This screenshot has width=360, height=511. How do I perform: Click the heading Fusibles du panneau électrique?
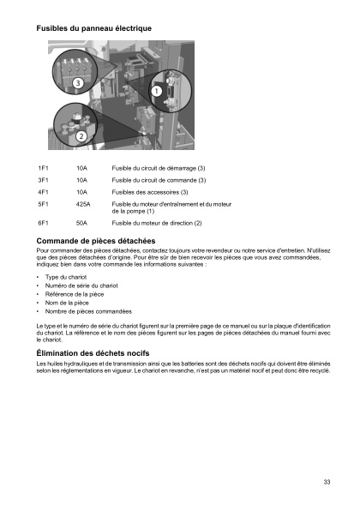94,28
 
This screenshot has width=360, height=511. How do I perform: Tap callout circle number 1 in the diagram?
157,90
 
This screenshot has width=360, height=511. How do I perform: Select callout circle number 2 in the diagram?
81,135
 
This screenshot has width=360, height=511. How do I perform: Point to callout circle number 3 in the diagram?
77,83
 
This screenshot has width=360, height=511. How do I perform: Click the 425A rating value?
83,204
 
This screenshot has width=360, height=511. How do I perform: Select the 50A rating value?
81,223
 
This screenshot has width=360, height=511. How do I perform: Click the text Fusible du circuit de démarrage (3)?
159,167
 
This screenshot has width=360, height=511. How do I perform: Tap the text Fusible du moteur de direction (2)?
157,223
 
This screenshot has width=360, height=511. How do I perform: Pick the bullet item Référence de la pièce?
75,293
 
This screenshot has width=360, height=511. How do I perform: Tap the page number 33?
327,482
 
